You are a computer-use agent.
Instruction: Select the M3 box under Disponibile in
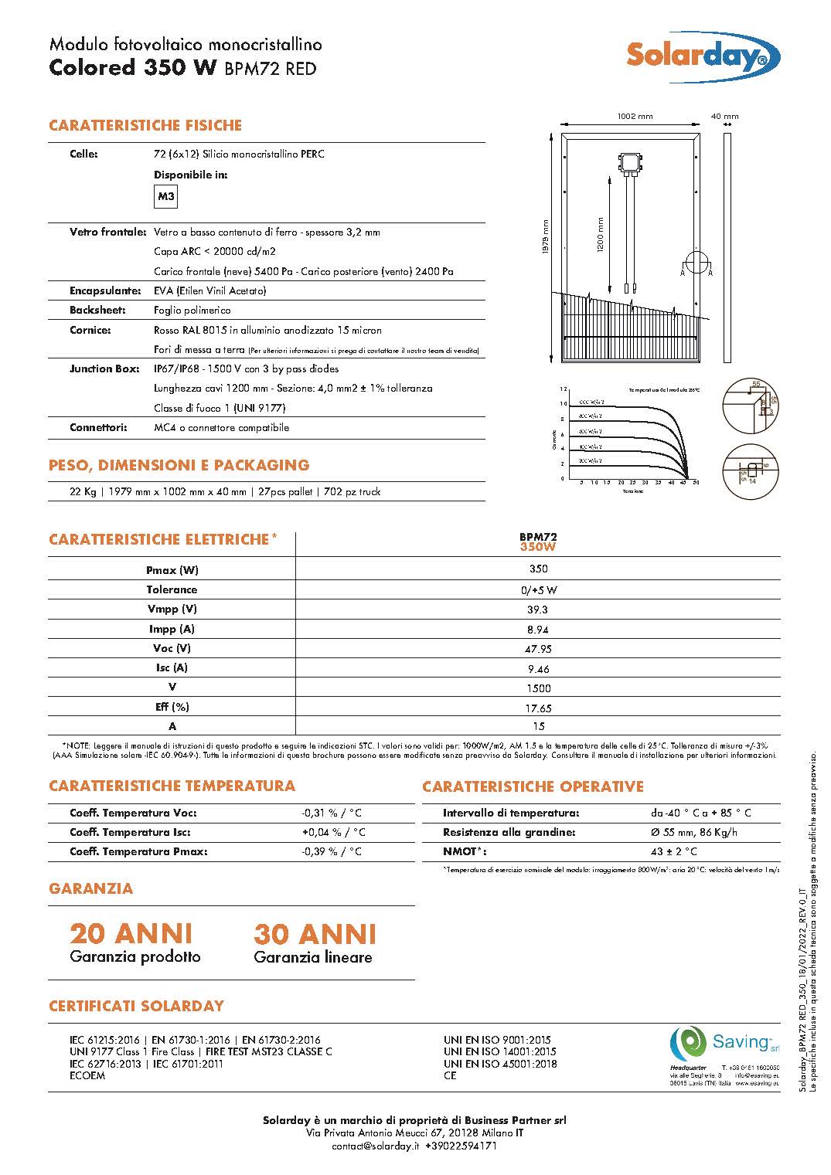(166, 197)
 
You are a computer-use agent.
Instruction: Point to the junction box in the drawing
(630, 162)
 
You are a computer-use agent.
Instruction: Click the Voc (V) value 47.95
(538, 649)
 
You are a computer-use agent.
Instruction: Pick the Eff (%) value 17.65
(538, 708)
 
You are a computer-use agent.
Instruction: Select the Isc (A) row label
(172, 667)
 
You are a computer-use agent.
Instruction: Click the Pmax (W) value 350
(538, 569)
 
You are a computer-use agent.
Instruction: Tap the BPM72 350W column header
(538, 542)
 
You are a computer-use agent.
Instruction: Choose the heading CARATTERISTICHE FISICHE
(145, 125)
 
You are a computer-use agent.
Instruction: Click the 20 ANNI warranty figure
(131, 934)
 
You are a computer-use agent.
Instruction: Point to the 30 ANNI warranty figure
(315, 934)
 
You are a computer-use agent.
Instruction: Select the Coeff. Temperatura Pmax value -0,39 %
(332, 851)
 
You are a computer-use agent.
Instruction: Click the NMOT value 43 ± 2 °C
(673, 851)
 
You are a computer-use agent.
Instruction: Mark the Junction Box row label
(104, 368)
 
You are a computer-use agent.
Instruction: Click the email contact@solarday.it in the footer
(374, 1146)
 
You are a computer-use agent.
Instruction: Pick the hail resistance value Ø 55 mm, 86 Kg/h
(693, 832)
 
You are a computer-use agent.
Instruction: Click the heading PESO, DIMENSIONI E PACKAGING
(179, 465)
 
